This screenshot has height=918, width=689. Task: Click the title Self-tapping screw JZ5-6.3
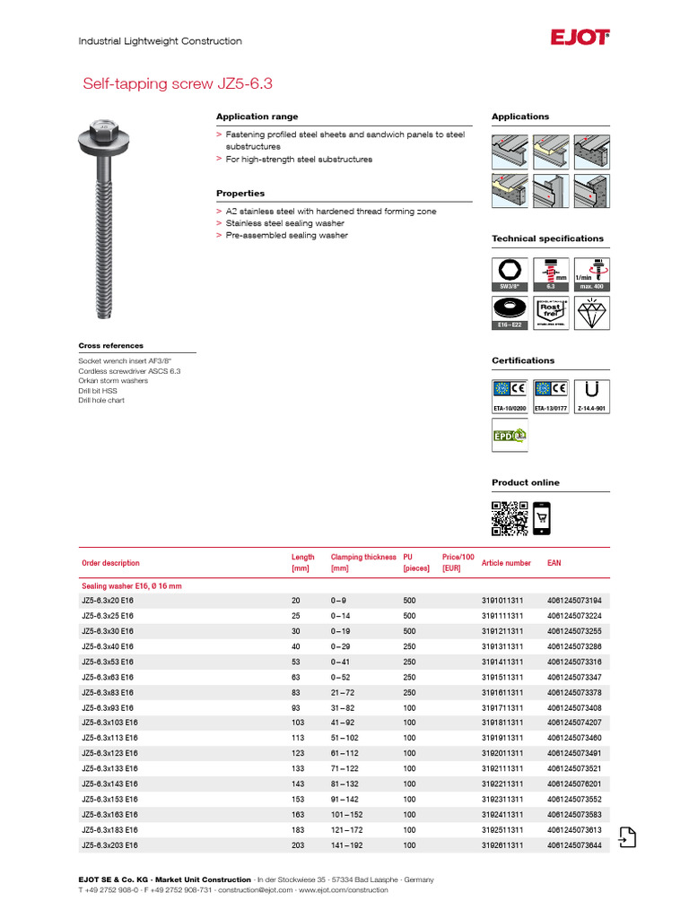(177, 84)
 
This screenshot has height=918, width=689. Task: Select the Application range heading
(257, 117)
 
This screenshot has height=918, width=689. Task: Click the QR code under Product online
(509, 518)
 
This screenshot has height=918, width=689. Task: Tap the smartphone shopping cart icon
(542, 518)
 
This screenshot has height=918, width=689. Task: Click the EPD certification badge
(509, 435)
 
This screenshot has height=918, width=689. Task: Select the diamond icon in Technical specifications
(590, 314)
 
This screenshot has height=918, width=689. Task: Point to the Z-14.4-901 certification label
(590, 408)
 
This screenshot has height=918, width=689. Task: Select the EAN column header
(554, 563)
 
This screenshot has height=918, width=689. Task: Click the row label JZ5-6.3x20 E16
(108, 601)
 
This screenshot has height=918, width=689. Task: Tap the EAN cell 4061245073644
(574, 845)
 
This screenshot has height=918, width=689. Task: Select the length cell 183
(299, 830)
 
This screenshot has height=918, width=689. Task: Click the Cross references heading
(110, 345)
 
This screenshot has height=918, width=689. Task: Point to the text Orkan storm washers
(113, 381)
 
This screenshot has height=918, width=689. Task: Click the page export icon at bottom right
(627, 836)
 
